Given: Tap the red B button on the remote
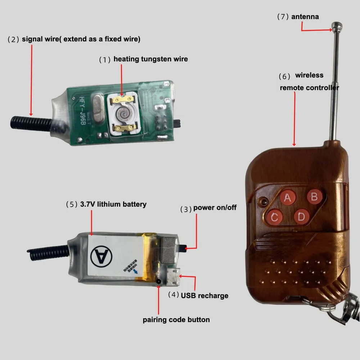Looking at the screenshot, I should [314, 197].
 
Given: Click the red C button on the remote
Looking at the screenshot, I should [275, 217].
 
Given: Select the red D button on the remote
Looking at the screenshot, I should [301, 217].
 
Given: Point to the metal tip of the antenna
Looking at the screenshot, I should [337, 26].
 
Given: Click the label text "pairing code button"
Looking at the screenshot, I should [176, 320].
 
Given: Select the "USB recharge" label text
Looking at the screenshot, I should [204, 296].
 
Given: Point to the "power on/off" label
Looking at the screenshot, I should [215, 208].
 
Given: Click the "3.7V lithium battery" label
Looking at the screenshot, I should [113, 204].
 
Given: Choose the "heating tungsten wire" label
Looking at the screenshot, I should [150, 59].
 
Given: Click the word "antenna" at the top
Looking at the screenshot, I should [305, 17].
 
